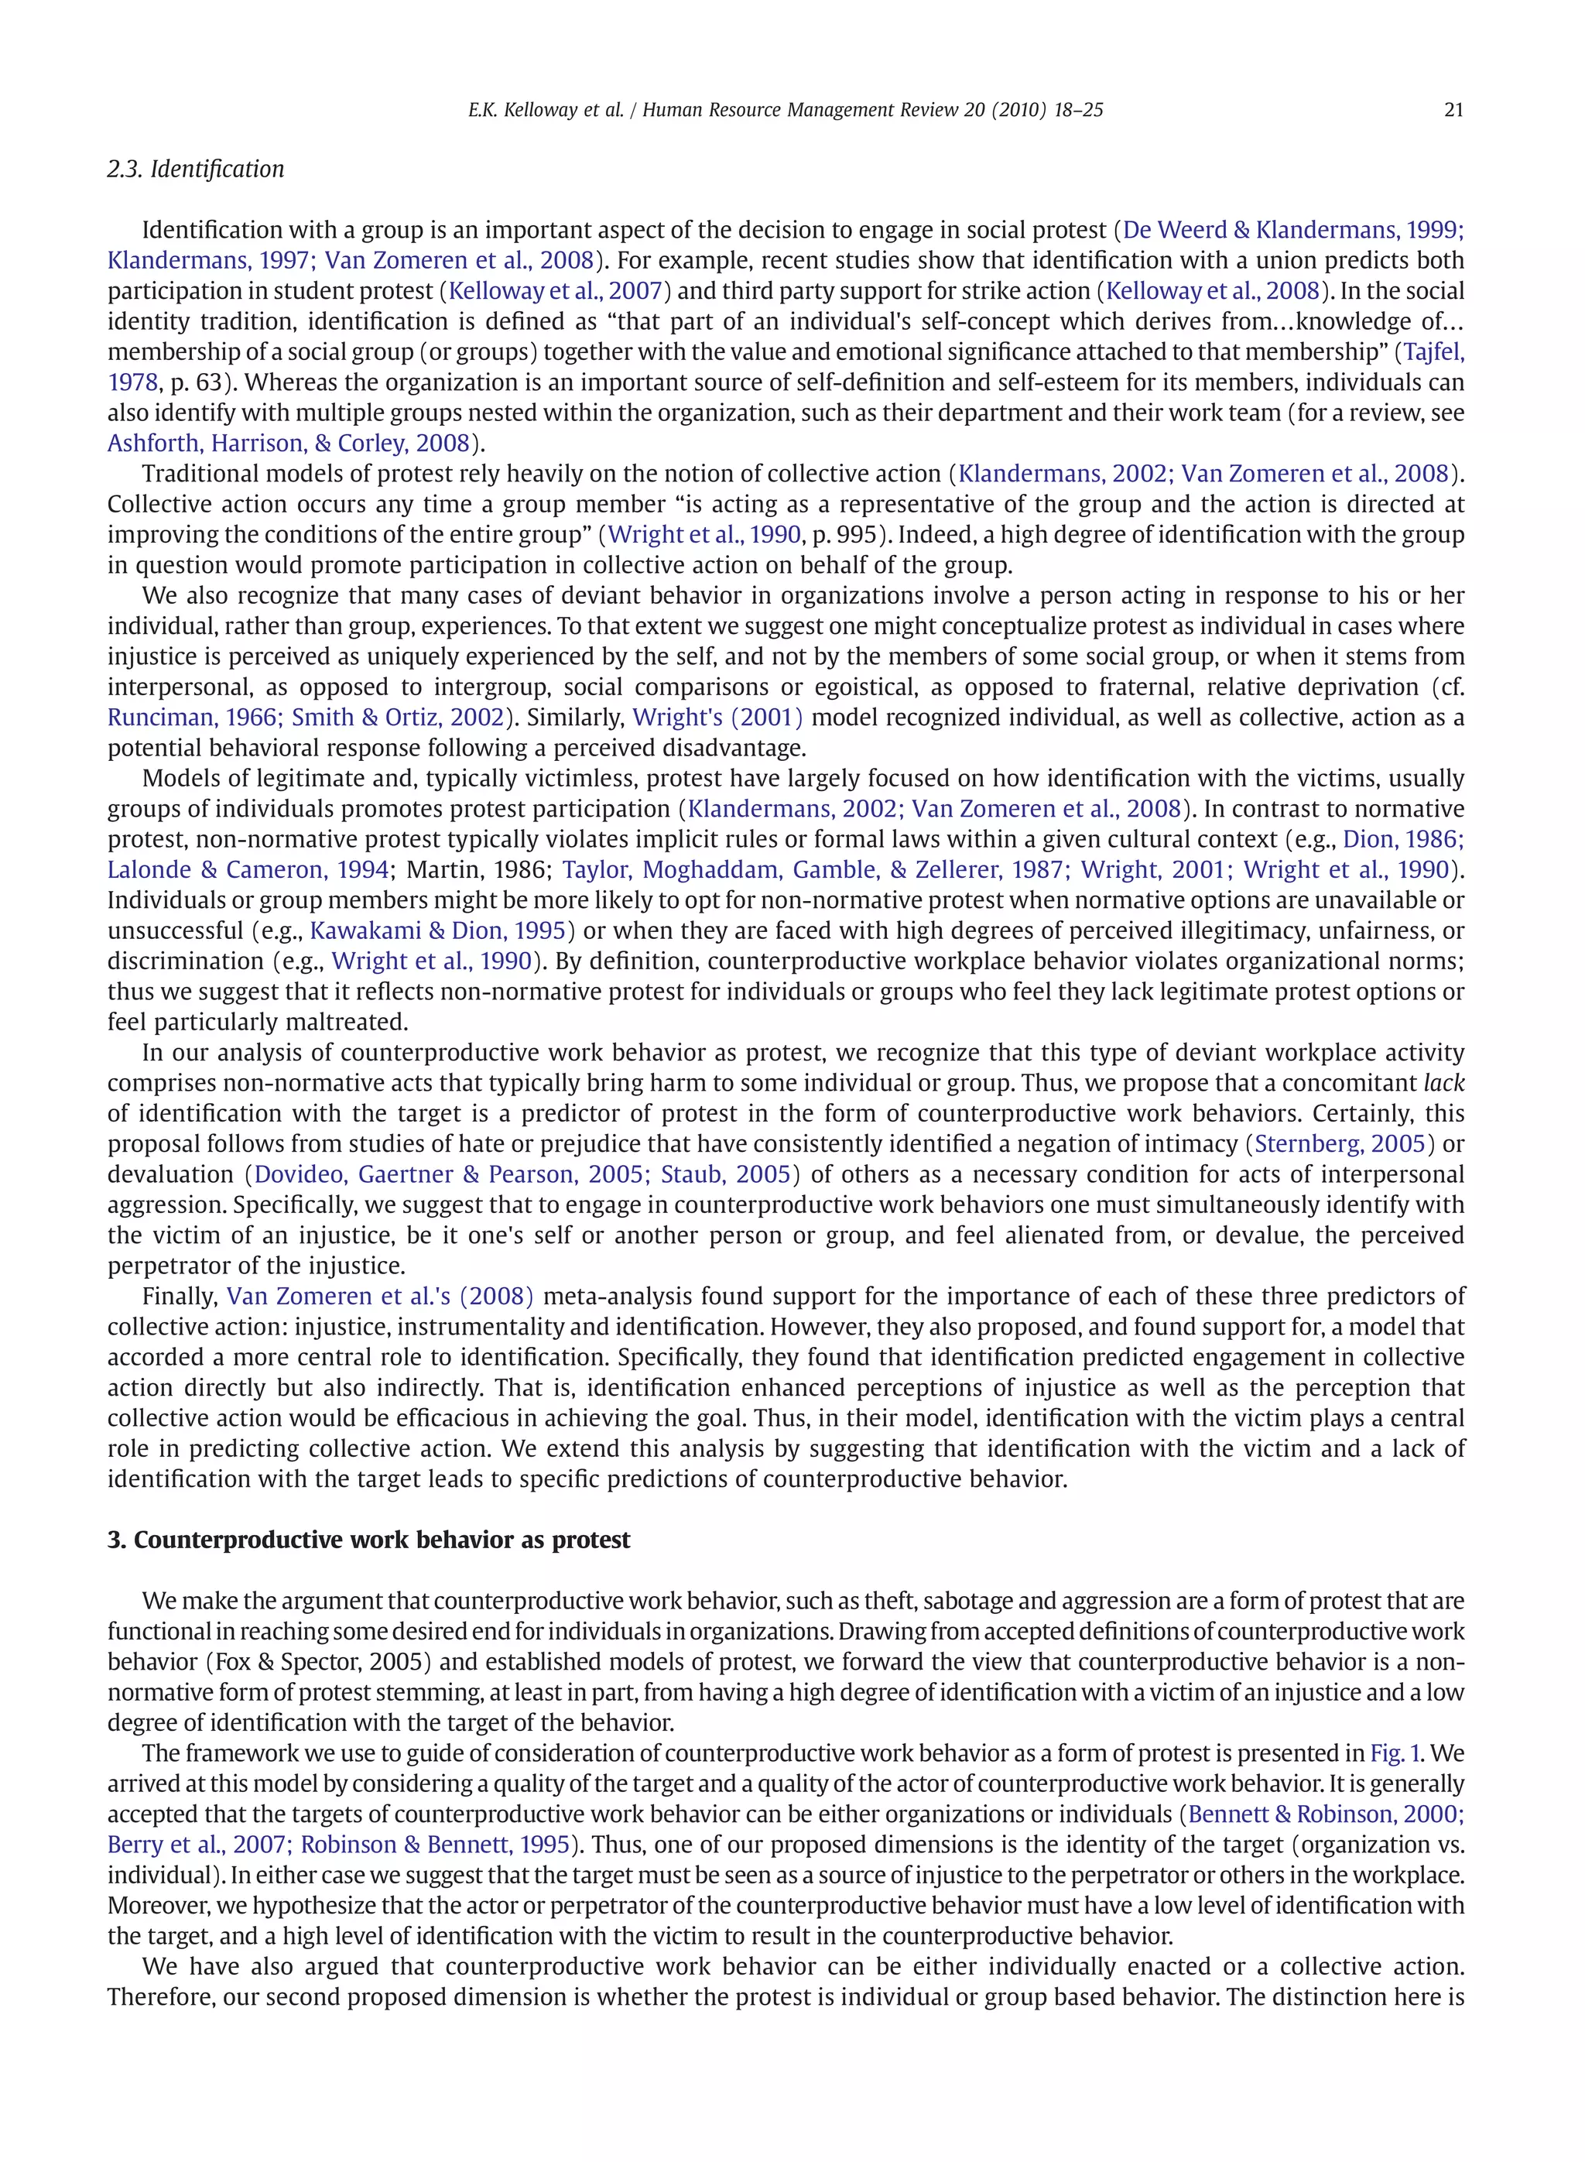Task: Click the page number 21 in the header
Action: pyautogui.click(x=1453, y=109)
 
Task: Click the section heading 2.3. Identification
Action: pyautogui.click(x=196, y=169)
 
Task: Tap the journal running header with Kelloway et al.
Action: pyautogui.click(x=785, y=109)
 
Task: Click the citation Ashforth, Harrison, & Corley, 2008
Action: pyautogui.click(x=289, y=444)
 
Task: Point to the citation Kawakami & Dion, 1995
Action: pyautogui.click(x=437, y=930)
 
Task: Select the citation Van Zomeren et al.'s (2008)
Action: pyautogui.click(x=380, y=1297)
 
